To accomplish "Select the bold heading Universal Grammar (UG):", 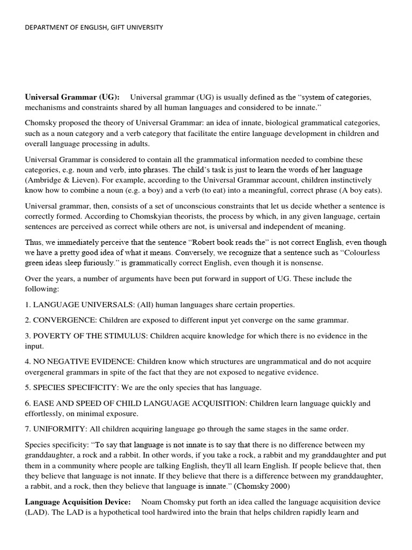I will tap(72, 97).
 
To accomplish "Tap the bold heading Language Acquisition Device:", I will tap(78, 502).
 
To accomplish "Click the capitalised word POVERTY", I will tap(52, 336).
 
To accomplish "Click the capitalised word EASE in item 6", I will tap(43, 403).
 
